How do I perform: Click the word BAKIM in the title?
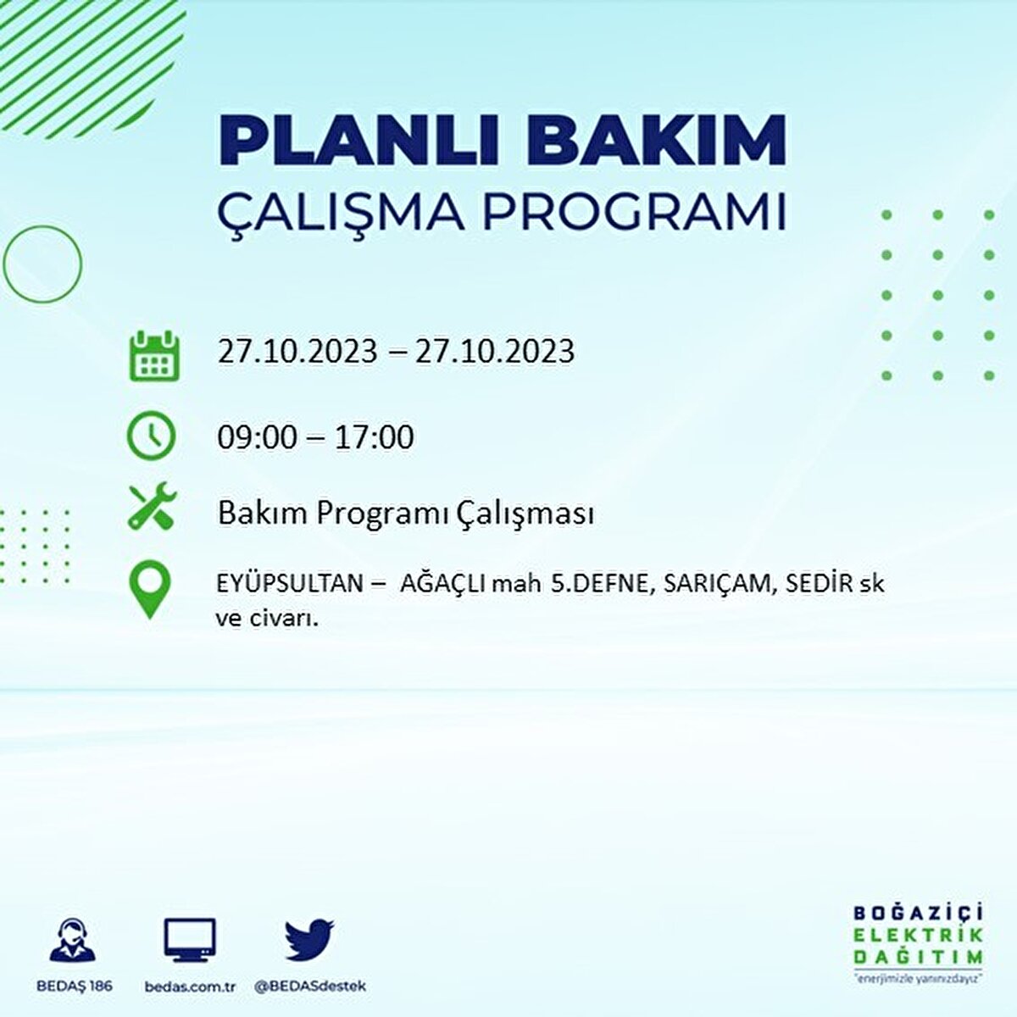(656, 141)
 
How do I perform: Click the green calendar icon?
(154, 355)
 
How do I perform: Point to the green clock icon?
(152, 436)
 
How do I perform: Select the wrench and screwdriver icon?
(153, 505)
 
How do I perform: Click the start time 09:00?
(257, 437)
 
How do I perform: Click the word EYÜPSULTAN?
(290, 582)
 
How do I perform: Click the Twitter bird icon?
(310, 940)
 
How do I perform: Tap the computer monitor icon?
(190, 940)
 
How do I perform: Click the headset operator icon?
(73, 939)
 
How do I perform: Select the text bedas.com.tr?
(190, 986)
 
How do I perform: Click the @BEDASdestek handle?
(310, 986)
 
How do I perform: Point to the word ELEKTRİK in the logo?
(917, 936)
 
